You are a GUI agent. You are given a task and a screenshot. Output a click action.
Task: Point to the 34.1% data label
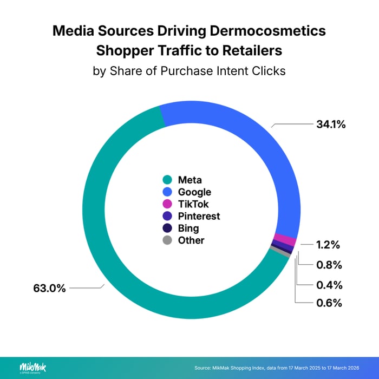coord(331,125)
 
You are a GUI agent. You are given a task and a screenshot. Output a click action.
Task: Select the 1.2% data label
coord(328,245)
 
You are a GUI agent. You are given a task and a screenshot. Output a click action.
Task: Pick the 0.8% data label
coord(328,265)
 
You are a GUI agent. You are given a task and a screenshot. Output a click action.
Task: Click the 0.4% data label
coord(328,284)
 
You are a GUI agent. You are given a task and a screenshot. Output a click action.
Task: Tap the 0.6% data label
coord(328,303)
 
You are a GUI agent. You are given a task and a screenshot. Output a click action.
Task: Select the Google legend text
coord(194,192)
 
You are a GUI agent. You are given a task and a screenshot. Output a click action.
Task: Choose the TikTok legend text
coord(193,204)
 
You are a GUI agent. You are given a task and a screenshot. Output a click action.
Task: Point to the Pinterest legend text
coord(199,216)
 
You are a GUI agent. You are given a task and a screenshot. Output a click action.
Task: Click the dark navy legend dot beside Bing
coord(167,228)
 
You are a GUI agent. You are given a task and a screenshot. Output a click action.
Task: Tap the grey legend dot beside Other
coord(167,240)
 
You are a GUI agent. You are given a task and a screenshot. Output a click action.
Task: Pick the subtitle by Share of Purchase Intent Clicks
coord(189,71)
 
